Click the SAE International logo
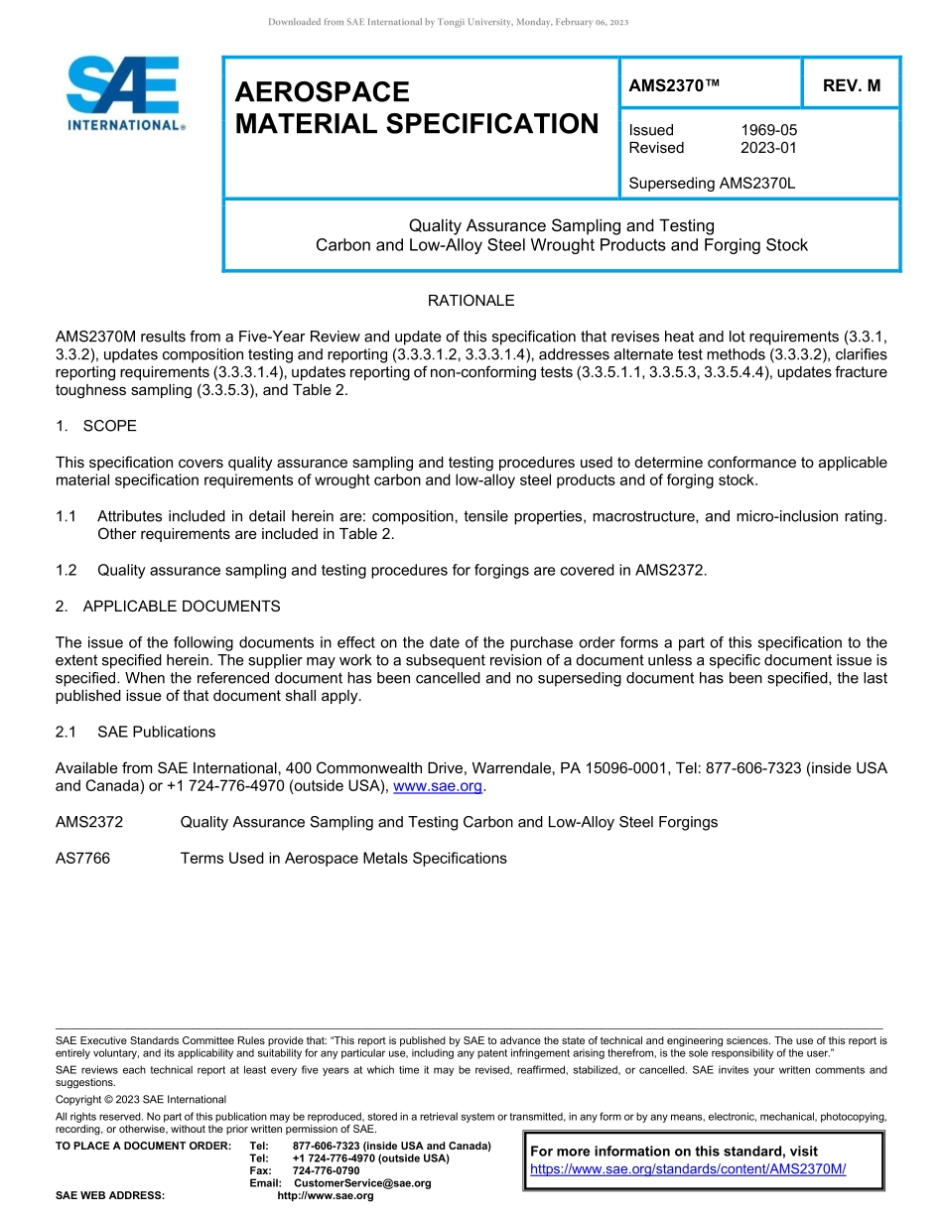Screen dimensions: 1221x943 click(x=124, y=93)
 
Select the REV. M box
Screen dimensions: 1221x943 click(x=851, y=86)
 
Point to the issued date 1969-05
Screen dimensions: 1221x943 click(x=768, y=130)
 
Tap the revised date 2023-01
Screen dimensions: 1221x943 click(x=768, y=148)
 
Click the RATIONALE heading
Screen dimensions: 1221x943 click(x=471, y=300)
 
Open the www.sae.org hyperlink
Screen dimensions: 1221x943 click(x=438, y=786)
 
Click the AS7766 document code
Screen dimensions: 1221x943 click(x=83, y=858)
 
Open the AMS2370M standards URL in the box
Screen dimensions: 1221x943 click(x=688, y=1169)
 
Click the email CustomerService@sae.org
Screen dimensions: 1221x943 click(x=362, y=1183)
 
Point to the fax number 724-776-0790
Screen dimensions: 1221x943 click(x=327, y=1171)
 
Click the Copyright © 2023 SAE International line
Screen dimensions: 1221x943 click(x=141, y=1099)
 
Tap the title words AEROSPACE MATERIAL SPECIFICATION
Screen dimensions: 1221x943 click(x=417, y=108)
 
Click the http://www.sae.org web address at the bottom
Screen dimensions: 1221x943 click(x=326, y=1195)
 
